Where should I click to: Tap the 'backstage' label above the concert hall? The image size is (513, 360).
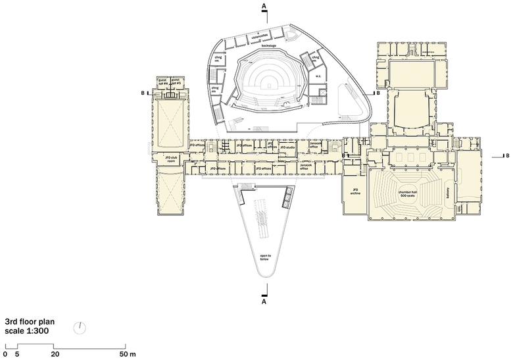(268, 46)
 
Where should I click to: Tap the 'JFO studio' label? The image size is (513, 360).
(287, 148)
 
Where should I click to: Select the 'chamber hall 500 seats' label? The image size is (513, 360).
(408, 193)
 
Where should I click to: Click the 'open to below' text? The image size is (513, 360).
(265, 258)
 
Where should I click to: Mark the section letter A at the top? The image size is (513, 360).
(264, 6)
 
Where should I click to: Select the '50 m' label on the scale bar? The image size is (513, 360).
(130, 354)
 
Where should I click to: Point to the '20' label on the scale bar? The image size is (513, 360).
(55, 354)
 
